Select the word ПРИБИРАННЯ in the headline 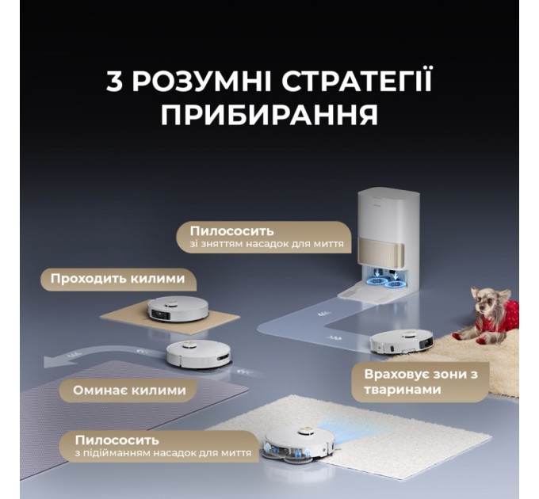tap(269, 114)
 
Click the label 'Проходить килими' tap(117, 279)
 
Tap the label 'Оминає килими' tap(129, 390)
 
